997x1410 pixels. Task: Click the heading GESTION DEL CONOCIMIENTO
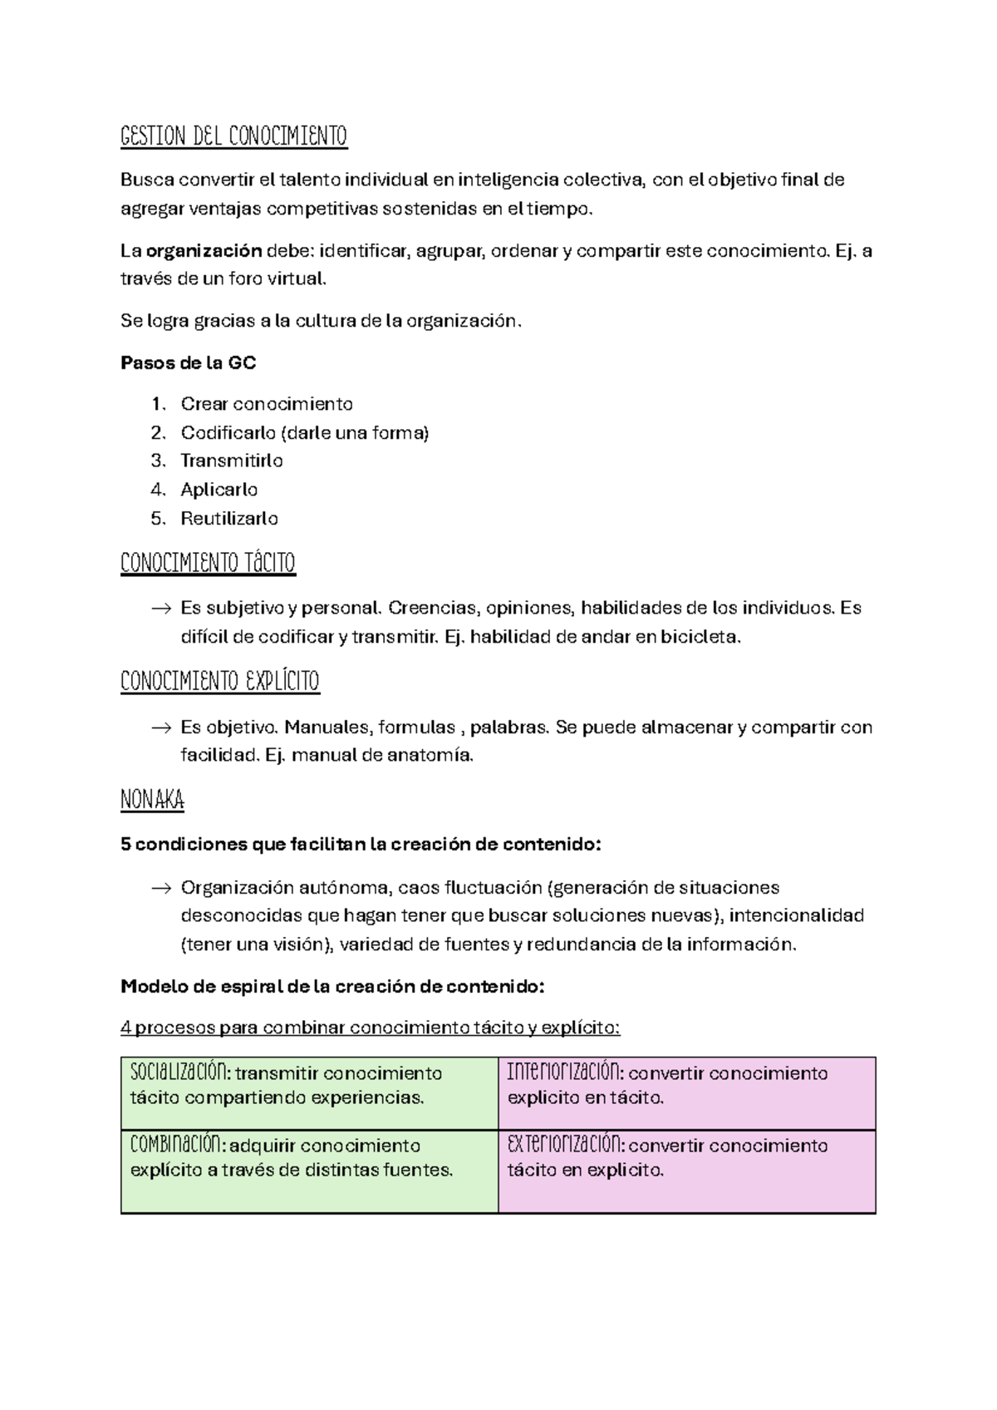coord(233,136)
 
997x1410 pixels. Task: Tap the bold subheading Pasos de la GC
coord(188,363)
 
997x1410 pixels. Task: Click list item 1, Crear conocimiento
coord(266,404)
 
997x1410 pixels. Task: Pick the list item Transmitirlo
coord(232,461)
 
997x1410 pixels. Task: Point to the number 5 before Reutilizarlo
coord(157,519)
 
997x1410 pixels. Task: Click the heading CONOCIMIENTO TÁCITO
coord(208,563)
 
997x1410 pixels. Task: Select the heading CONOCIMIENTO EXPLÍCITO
coord(220,682)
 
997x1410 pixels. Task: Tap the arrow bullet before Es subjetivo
coord(160,609)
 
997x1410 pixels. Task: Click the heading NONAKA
coord(152,801)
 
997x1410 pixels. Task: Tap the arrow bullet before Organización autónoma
coord(160,889)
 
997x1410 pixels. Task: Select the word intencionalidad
coord(796,916)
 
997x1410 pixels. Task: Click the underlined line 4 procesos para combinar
coord(370,1028)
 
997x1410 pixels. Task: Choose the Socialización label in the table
coord(179,1072)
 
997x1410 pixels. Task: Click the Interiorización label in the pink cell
coord(564,1072)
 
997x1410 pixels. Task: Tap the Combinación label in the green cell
coord(177,1145)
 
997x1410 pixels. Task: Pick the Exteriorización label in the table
coord(565,1145)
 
